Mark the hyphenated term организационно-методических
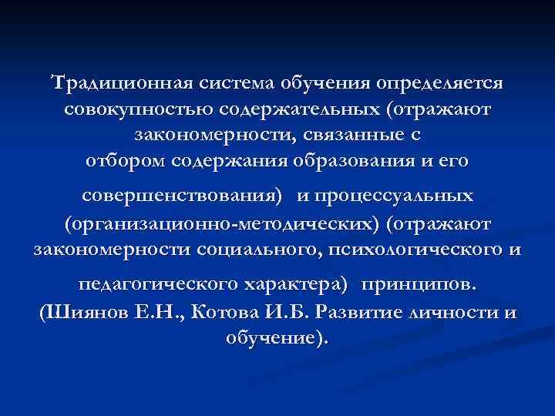(224, 223)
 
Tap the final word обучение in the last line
(274, 338)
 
